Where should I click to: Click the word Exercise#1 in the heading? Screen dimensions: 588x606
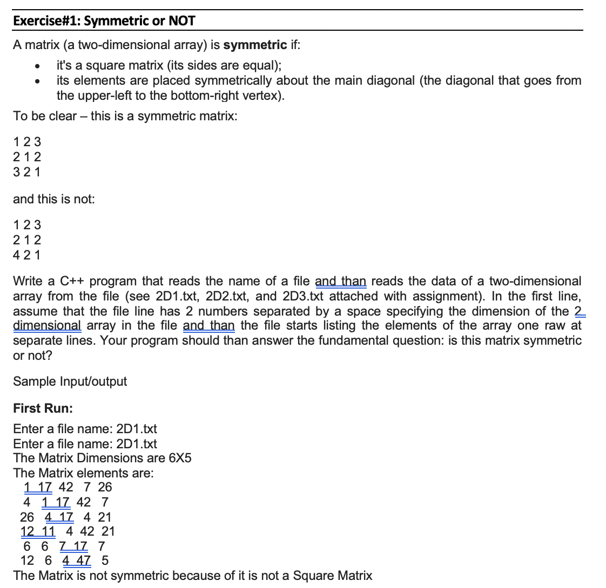[x=46, y=22]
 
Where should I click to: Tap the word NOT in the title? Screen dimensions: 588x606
[x=181, y=22]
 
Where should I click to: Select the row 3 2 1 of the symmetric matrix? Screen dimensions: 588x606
[x=27, y=172]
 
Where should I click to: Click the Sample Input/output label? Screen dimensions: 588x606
[x=70, y=381]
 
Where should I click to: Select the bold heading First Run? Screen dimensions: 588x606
[x=43, y=408]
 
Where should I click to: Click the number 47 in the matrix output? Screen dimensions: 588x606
[x=83, y=560]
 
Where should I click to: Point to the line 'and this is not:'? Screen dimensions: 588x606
[x=53, y=199]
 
